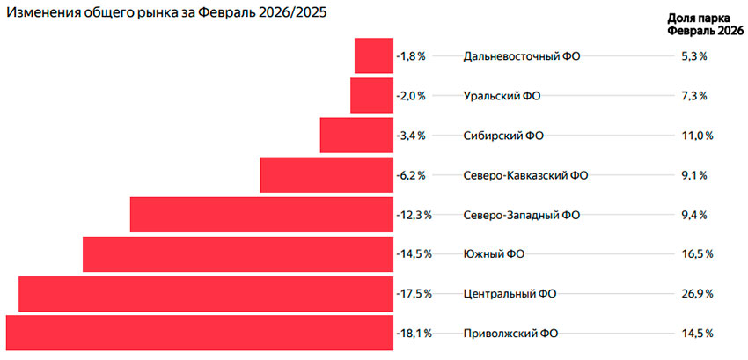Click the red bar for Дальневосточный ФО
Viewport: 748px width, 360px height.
coord(373,55)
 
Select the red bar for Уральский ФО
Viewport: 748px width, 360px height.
coord(371,95)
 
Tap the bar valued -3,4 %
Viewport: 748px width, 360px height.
coord(356,135)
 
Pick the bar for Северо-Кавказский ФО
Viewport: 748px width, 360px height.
coord(326,174)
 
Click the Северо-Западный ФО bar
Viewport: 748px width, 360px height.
coord(261,215)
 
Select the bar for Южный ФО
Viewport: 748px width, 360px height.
coord(238,254)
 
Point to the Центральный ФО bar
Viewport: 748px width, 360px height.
coord(206,293)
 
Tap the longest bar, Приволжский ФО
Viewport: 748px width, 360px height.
coord(199,334)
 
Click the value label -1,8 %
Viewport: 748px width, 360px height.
coord(411,56)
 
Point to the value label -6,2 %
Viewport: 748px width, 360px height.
coord(411,175)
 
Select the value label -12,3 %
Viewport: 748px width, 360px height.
coord(414,215)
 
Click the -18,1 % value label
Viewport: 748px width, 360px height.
coord(414,334)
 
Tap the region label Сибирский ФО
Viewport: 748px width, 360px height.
coord(503,136)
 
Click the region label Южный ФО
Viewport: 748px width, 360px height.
coord(494,254)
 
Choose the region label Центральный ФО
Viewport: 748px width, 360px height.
coord(510,294)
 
